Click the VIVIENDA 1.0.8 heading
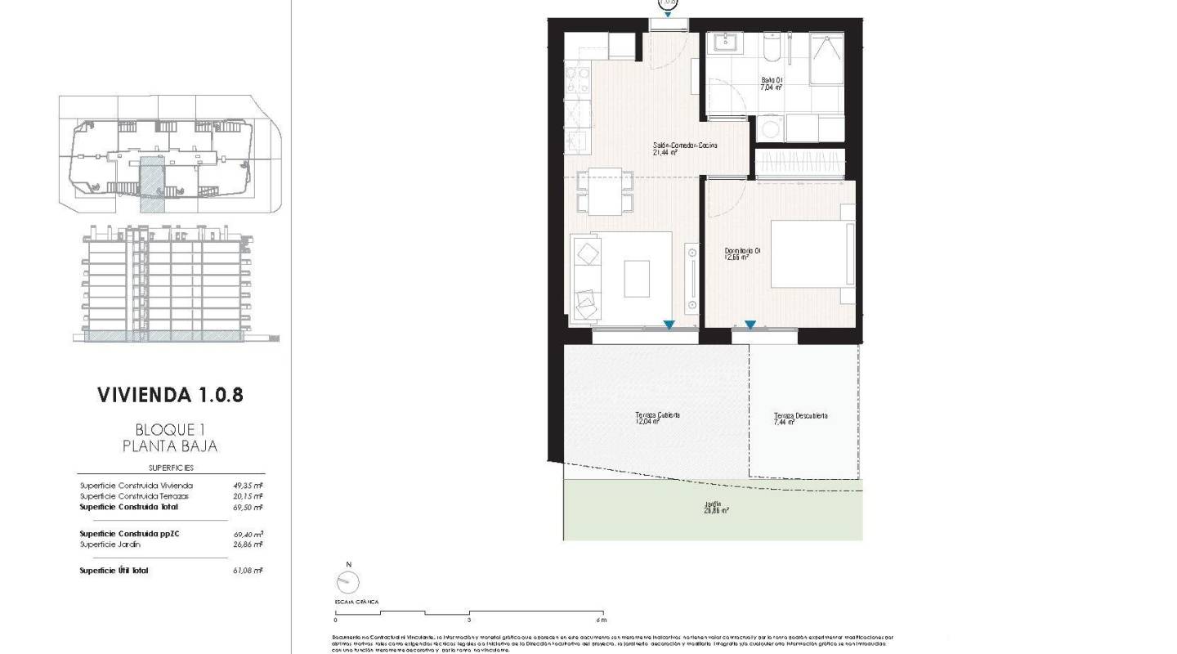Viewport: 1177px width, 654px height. (170, 395)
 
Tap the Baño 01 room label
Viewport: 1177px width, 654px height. (772, 83)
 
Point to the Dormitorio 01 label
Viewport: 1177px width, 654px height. (743, 254)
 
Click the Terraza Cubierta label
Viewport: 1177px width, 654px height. (657, 419)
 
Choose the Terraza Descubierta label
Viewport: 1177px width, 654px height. (800, 419)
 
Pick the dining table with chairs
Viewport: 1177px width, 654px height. (606, 191)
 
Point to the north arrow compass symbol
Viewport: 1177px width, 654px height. (347, 582)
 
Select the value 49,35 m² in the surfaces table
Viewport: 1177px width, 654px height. (248, 486)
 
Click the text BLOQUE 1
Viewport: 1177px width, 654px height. (170, 429)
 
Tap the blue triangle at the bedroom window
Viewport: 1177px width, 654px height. (750, 325)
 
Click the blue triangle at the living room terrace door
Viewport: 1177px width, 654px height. (669, 325)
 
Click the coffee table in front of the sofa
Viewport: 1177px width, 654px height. (637, 278)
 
